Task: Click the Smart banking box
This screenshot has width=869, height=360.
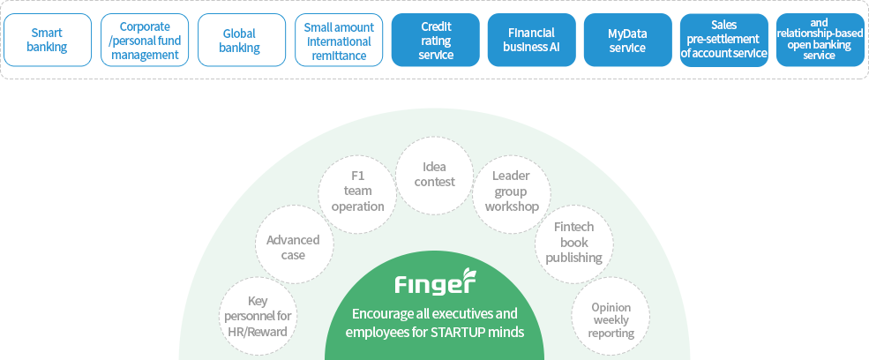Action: pyautogui.click(x=47, y=41)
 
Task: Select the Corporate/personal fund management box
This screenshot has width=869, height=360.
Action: pyautogui.click(x=144, y=41)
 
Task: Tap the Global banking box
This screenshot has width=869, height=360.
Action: pyautogui.click(x=240, y=41)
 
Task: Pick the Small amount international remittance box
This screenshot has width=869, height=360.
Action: pyautogui.click(x=339, y=41)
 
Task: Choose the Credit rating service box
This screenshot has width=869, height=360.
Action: pyautogui.click(x=436, y=41)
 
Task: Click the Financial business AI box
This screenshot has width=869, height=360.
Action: pyautogui.click(x=531, y=41)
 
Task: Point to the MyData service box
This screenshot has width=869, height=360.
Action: pyautogui.click(x=627, y=41)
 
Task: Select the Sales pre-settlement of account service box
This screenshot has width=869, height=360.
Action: pyautogui.click(x=723, y=41)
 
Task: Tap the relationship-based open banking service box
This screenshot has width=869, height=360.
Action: pyautogui.click(x=819, y=41)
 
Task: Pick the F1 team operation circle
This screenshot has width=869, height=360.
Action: pyautogui.click(x=357, y=191)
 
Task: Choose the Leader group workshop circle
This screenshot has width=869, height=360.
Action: pyautogui.click(x=511, y=191)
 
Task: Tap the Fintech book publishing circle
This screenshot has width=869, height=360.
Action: pyautogui.click(x=573, y=242)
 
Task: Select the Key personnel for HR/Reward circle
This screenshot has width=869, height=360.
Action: pyautogui.click(x=257, y=316)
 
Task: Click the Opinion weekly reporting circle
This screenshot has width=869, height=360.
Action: pyautogui.click(x=611, y=318)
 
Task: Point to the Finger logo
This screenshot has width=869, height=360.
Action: pyautogui.click(x=434, y=284)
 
